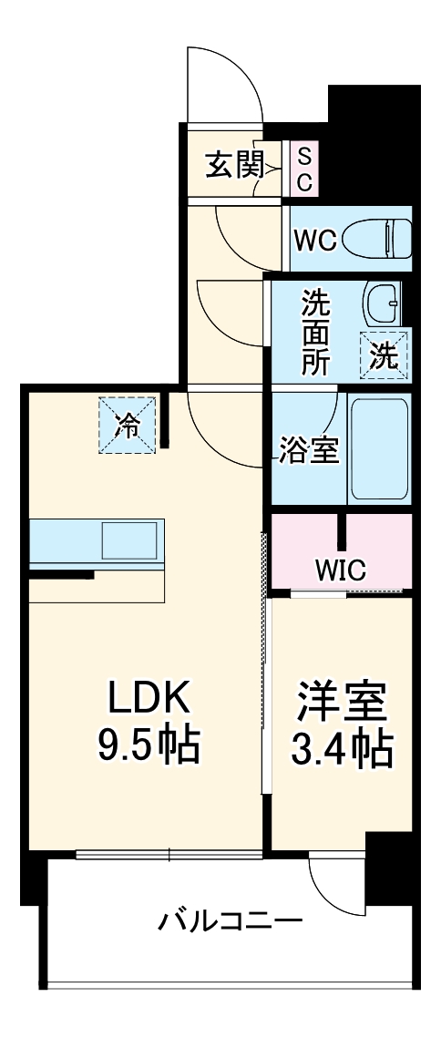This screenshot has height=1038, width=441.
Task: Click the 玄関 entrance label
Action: click(x=234, y=166)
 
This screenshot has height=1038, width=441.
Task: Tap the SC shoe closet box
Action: click(x=303, y=166)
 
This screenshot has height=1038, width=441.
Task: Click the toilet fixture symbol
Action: click(x=386, y=238)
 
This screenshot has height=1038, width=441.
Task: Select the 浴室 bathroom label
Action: click(x=308, y=451)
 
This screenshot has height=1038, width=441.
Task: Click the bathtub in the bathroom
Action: click(x=379, y=447)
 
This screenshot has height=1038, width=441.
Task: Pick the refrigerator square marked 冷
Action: click(x=128, y=425)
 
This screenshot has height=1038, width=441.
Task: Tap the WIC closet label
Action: click(x=340, y=570)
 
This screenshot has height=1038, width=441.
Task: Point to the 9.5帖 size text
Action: click(x=149, y=747)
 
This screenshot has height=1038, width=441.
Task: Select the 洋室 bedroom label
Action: click(x=342, y=701)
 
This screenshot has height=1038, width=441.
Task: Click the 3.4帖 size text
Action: click(x=342, y=748)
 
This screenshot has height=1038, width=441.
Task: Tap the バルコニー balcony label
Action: click(x=231, y=921)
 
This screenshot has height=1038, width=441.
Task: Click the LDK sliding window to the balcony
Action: click(x=169, y=855)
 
